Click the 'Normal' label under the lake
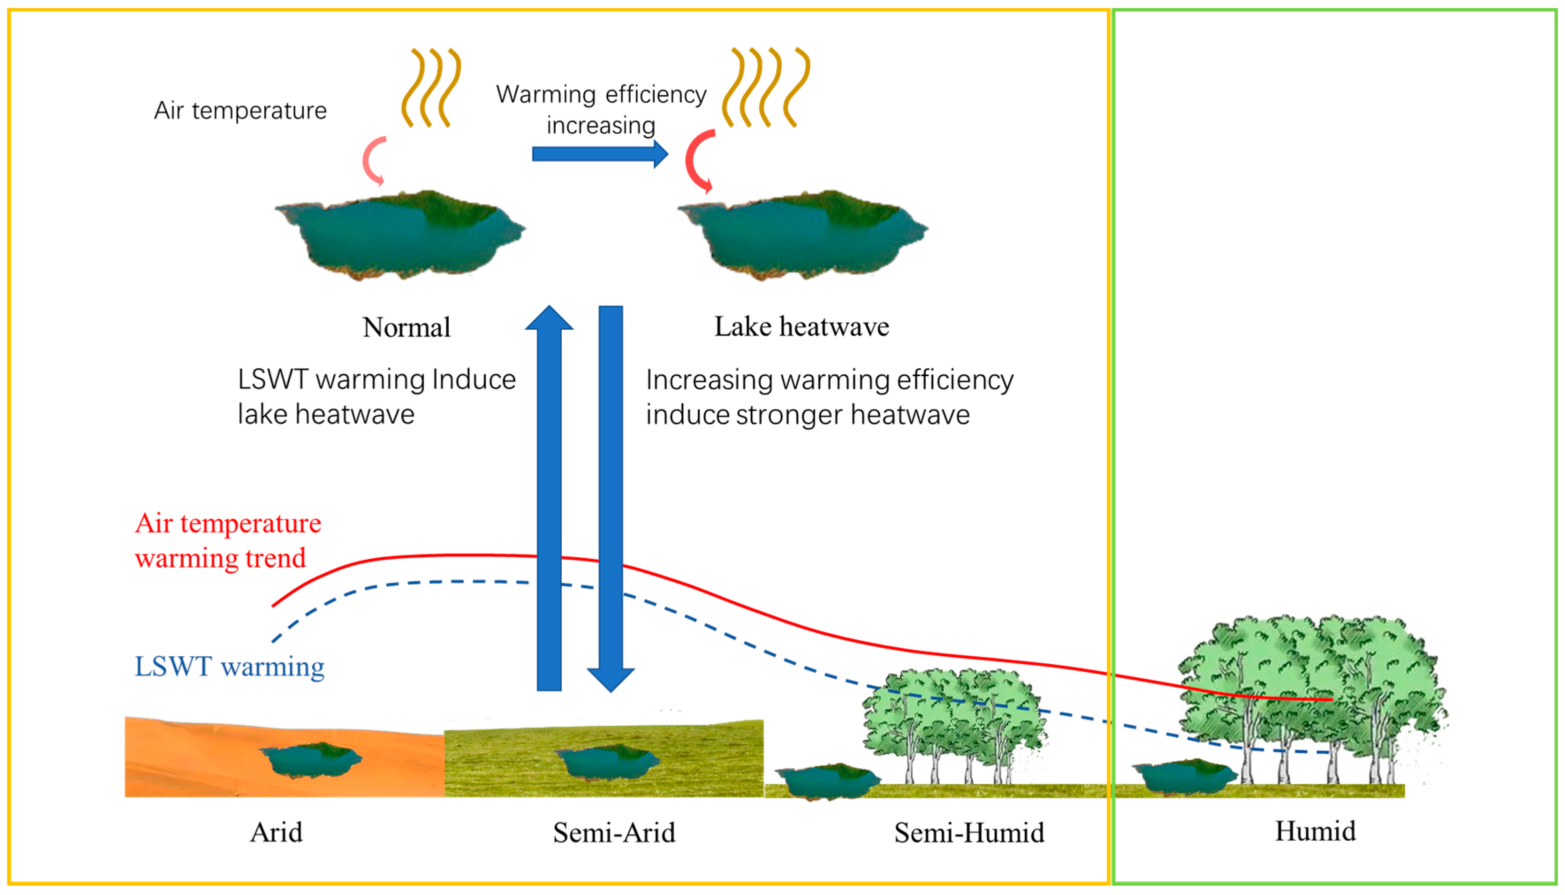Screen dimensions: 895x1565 pyautogui.click(x=407, y=327)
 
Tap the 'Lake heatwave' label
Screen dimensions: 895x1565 pyautogui.click(x=801, y=326)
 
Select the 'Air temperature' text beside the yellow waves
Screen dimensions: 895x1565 pyautogui.click(x=241, y=111)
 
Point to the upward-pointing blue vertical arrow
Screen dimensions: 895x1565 pyautogui.click(x=549, y=498)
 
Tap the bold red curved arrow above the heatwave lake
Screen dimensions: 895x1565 pyautogui.click(x=698, y=161)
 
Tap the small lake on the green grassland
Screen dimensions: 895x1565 pyautogui.click(x=609, y=762)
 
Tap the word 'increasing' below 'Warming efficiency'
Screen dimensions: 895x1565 pyautogui.click(x=601, y=125)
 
